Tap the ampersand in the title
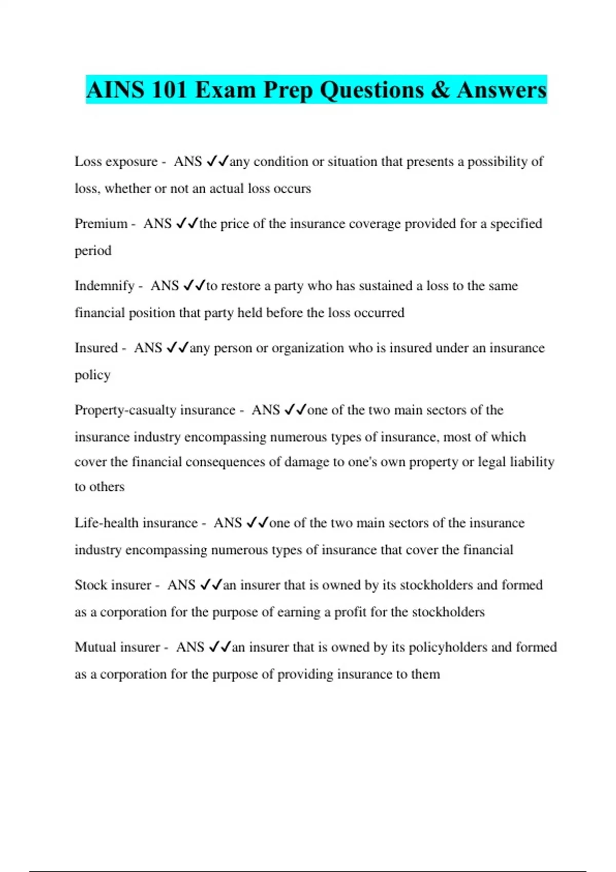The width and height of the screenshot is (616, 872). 440,90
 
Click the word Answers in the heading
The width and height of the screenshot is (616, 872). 502,90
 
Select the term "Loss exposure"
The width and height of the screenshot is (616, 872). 116,162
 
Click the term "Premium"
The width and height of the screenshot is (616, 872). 101,224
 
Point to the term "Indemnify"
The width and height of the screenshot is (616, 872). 105,286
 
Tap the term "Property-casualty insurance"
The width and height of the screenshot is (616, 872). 155,410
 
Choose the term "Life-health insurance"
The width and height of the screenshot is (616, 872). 136,523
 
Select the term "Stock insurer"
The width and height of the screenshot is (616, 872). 113,585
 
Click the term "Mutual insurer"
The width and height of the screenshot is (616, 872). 118,647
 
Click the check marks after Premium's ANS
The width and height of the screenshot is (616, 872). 187,224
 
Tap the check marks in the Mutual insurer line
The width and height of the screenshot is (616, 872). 220,647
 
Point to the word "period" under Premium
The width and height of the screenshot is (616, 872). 93,251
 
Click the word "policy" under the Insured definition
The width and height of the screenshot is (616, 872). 92,375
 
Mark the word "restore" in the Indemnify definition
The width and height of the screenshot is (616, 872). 240,286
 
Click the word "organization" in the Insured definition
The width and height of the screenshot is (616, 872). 307,348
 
